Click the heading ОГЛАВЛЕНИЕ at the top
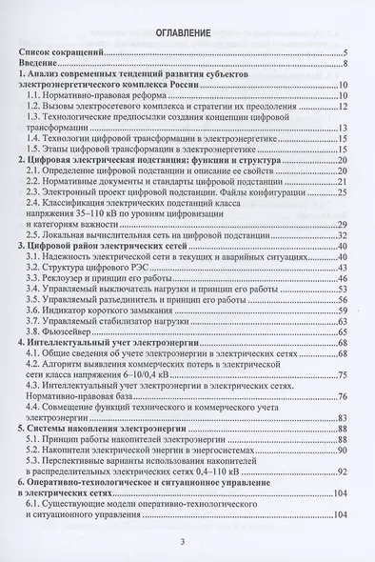point(186,32)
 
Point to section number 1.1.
point(38,99)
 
